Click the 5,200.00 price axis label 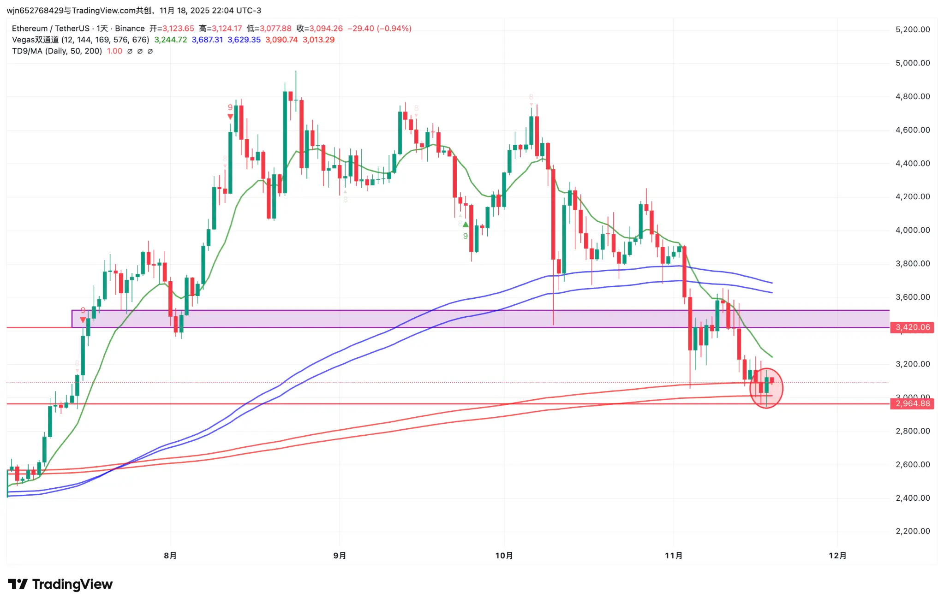click(912, 30)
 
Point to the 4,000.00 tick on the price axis click(912, 230)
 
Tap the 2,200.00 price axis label click(912, 531)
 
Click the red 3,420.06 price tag click(912, 327)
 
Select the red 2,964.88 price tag click(912, 404)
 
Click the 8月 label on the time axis click(170, 556)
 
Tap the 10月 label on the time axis click(504, 556)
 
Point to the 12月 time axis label click(837, 556)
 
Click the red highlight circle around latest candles click(766, 388)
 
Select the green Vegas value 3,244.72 click(171, 40)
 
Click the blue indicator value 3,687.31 click(207, 40)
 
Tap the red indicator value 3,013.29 click(318, 40)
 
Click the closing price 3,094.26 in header click(326, 29)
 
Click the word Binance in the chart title click(130, 29)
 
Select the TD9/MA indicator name click(57, 51)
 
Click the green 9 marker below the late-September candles click(465, 236)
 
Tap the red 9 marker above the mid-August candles click(230, 107)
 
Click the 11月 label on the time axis click(673, 556)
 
